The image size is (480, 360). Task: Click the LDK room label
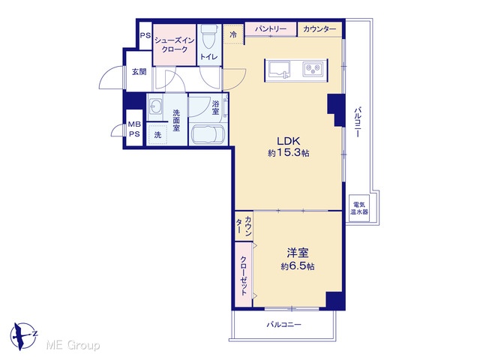pyautogui.click(x=288, y=141)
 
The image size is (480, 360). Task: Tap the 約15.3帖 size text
pyautogui.click(x=288, y=153)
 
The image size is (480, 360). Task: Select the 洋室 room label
pyautogui.click(x=298, y=253)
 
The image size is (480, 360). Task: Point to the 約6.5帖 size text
pyautogui.click(x=298, y=266)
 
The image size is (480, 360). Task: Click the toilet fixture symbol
pyautogui.click(x=209, y=36)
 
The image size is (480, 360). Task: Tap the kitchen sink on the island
pyautogui.click(x=279, y=70)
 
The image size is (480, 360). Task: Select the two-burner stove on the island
pyautogui.click(x=313, y=69)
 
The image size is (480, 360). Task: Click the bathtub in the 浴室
pyautogui.click(x=208, y=134)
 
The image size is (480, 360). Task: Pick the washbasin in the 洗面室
pyautogui.click(x=155, y=106)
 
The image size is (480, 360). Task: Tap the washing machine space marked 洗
pyautogui.click(x=157, y=134)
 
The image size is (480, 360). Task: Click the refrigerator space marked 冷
pyautogui.click(x=233, y=34)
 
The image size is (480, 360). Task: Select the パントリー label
pyautogui.click(x=271, y=29)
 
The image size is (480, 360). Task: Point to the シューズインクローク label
pyautogui.click(x=175, y=45)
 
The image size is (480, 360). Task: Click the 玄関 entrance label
pyautogui.click(x=139, y=72)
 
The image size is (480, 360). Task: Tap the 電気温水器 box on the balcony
pyautogui.click(x=359, y=208)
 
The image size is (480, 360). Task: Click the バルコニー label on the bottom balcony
pyautogui.click(x=283, y=325)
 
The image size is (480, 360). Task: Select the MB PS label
pyautogui.click(x=134, y=129)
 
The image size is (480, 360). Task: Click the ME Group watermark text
pyautogui.click(x=73, y=346)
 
